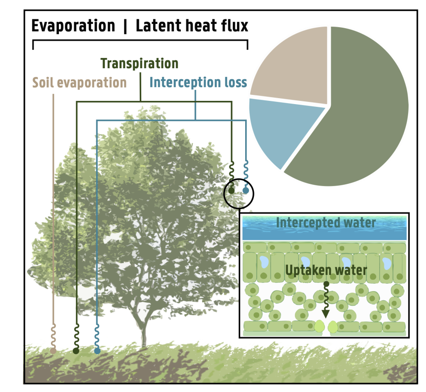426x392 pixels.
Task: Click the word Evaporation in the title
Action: click(73, 26)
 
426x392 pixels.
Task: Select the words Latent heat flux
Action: click(192, 26)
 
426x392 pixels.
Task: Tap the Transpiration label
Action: click(139, 64)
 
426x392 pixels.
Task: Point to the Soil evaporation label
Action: click(79, 82)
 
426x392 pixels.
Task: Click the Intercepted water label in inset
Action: click(326, 222)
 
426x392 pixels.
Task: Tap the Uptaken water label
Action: click(326, 270)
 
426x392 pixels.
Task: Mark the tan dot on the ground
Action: click(53, 351)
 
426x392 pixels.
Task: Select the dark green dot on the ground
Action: click(76, 351)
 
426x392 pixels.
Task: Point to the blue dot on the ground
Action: click(97, 351)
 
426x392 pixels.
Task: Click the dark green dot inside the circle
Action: click(231, 191)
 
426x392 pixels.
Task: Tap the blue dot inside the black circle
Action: click(246, 191)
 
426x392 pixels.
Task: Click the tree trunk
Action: click(144, 333)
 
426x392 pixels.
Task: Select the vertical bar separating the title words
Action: click(125, 26)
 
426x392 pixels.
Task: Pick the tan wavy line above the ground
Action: click(53, 335)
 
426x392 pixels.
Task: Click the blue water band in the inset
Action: click(324, 228)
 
